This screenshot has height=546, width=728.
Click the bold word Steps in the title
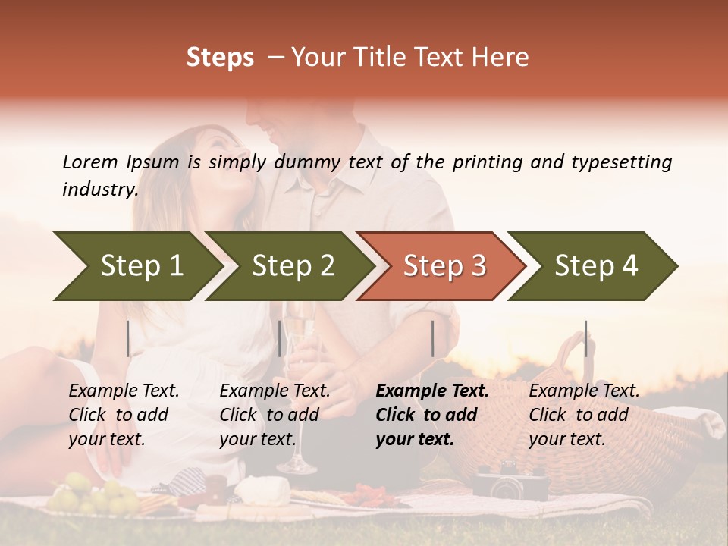(220, 58)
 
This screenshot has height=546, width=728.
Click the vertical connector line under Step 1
(128, 338)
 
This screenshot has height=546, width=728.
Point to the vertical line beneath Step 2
(280, 338)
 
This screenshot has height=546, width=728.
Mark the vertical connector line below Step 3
(432, 338)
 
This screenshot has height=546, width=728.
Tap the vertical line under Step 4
(585, 338)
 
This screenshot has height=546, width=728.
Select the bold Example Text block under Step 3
(431, 415)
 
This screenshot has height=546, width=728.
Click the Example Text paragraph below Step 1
(124, 415)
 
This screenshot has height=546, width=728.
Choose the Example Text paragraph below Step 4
(583, 415)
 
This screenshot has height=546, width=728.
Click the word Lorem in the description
(90, 162)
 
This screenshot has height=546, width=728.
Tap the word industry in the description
(99, 190)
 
